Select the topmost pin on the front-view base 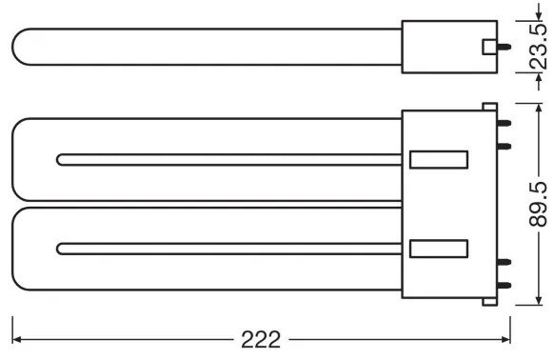point(505,123)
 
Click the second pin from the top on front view point(505,146)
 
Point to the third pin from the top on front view point(505,260)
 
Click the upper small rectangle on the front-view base point(439,158)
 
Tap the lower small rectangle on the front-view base point(439,250)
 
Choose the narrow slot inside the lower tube point(228,250)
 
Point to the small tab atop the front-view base point(490,107)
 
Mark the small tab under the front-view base point(490,301)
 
